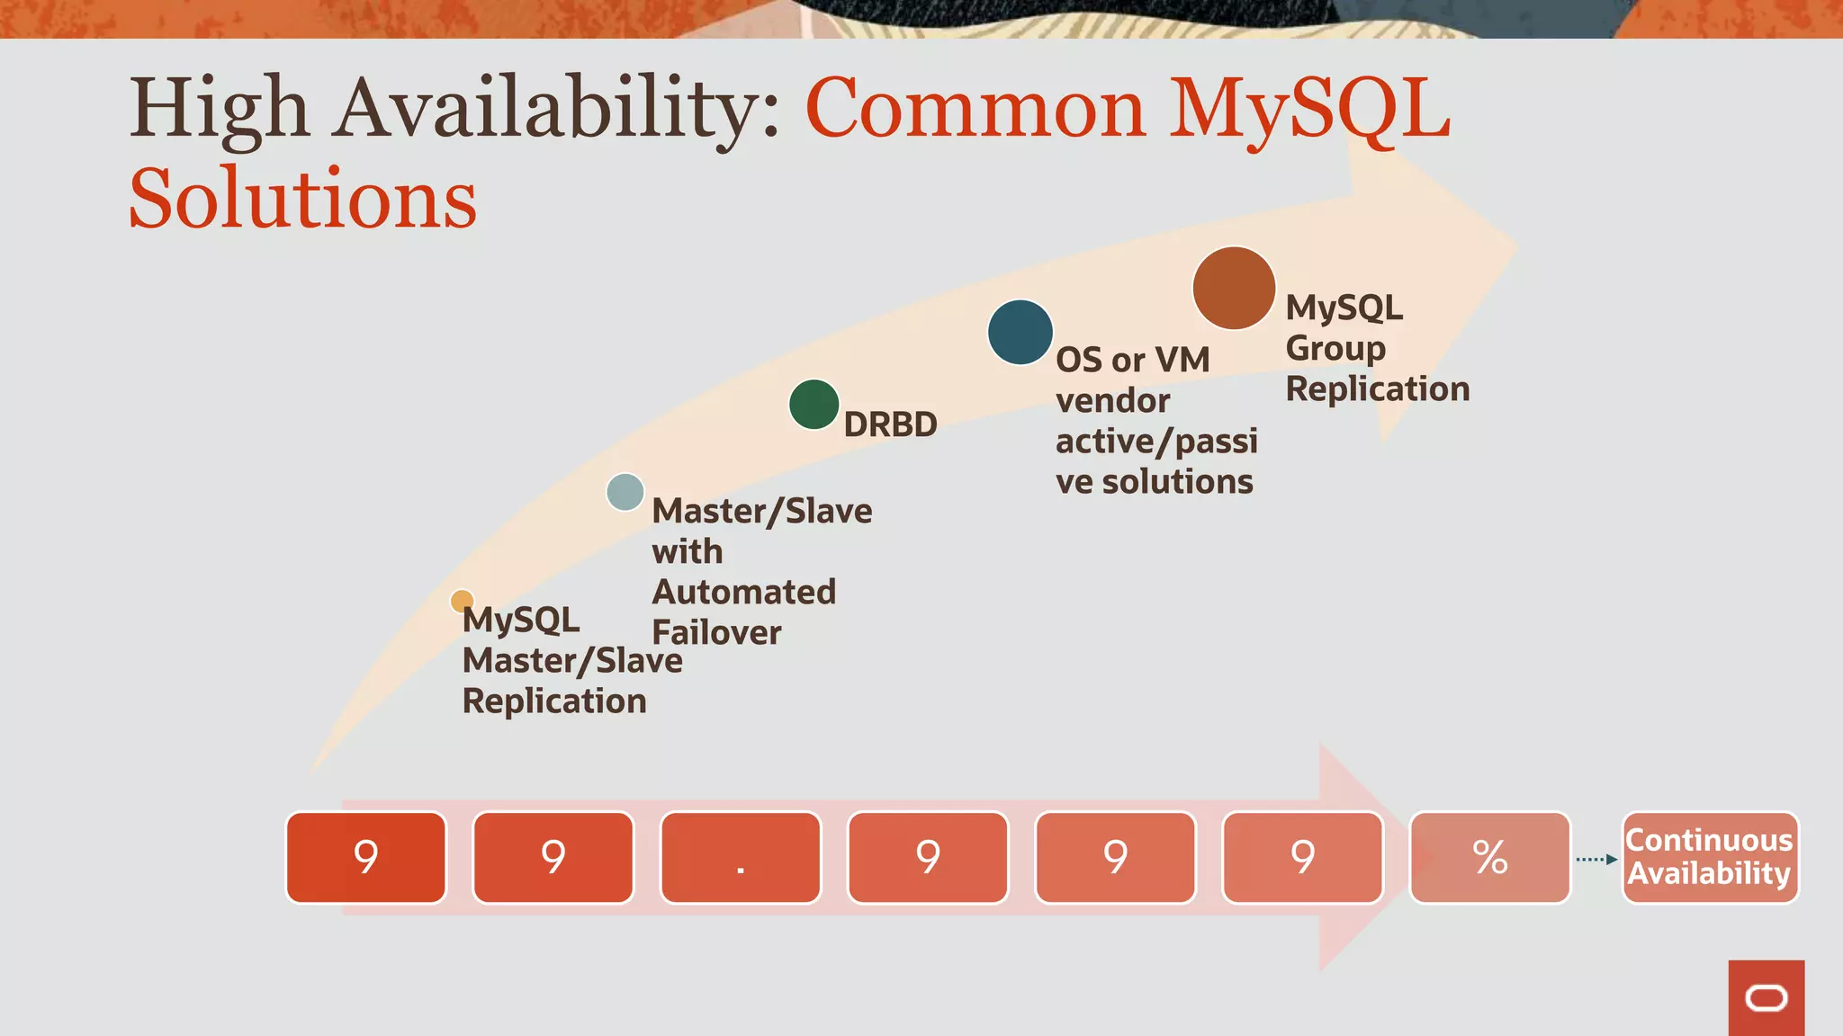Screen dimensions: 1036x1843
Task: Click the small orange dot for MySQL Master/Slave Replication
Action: (x=462, y=601)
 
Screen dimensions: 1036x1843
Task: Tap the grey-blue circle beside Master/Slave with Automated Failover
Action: (x=625, y=492)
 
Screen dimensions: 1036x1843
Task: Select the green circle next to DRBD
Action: (x=814, y=405)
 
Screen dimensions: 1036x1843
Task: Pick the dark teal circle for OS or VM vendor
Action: (x=1020, y=333)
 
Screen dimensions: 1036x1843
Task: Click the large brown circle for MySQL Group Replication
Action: (x=1234, y=289)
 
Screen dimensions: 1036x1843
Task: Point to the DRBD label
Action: (x=890, y=424)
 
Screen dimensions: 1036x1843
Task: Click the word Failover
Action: (x=716, y=632)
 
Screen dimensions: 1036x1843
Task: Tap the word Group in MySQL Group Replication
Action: (x=1335, y=349)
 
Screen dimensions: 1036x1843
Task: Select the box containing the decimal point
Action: (x=741, y=858)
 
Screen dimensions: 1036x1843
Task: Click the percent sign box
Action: (x=1490, y=858)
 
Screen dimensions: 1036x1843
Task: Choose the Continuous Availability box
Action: (x=1710, y=857)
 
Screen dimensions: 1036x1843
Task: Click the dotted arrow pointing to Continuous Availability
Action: (x=1596, y=860)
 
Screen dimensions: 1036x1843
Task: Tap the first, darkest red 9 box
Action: (x=366, y=858)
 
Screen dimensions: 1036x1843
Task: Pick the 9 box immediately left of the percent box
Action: (x=1302, y=858)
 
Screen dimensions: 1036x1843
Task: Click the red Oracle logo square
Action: (x=1766, y=998)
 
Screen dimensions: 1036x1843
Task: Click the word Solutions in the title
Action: (x=303, y=200)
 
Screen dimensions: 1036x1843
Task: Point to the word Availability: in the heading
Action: (x=558, y=110)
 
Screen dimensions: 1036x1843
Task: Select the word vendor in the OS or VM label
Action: (x=1113, y=401)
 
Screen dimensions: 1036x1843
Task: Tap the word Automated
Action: (x=744, y=592)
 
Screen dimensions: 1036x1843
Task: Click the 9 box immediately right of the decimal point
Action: (x=928, y=858)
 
